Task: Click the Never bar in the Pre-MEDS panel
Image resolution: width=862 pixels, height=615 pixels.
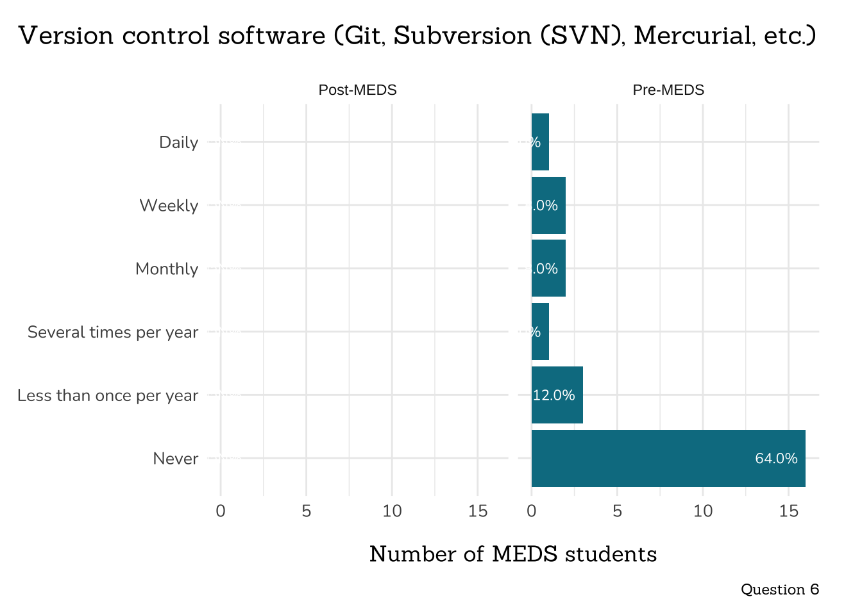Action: (668, 458)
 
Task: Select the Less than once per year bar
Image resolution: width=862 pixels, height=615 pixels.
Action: (557, 395)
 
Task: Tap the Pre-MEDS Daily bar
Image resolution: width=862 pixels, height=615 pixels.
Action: (540, 142)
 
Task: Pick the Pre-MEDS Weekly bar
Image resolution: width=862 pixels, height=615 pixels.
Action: (548, 205)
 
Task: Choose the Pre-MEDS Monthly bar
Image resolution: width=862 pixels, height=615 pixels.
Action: (548, 268)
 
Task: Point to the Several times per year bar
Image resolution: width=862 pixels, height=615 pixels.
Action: (540, 331)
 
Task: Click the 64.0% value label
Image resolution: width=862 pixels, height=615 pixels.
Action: (776, 459)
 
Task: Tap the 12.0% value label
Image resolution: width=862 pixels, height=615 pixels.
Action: (554, 395)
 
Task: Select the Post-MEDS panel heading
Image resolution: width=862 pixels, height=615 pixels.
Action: (357, 90)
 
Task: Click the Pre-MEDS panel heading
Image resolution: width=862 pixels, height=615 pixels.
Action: (668, 90)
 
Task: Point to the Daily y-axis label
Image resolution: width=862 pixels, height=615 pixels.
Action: (178, 142)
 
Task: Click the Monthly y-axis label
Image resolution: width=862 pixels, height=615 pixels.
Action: (167, 269)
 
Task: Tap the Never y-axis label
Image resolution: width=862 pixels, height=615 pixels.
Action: (176, 459)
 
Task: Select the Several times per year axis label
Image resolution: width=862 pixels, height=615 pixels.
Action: (113, 332)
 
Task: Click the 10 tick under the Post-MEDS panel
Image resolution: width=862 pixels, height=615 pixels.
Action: (392, 511)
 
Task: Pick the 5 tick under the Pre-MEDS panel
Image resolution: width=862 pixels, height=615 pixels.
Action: (617, 511)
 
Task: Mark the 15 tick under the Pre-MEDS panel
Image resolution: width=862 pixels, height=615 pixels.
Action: (788, 511)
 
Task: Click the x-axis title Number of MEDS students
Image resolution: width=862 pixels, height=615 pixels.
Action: (513, 554)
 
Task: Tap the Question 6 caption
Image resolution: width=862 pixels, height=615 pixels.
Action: (779, 589)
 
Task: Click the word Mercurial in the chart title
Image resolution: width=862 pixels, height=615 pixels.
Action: (693, 36)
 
